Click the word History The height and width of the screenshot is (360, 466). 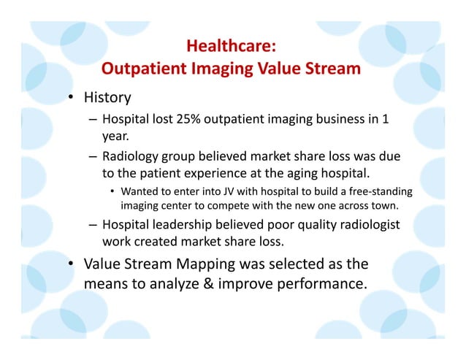pyautogui.click(x=106, y=97)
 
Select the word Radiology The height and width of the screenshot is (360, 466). pyautogui.click(x=133, y=156)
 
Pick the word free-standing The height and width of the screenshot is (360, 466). pyautogui.click(x=380, y=192)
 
